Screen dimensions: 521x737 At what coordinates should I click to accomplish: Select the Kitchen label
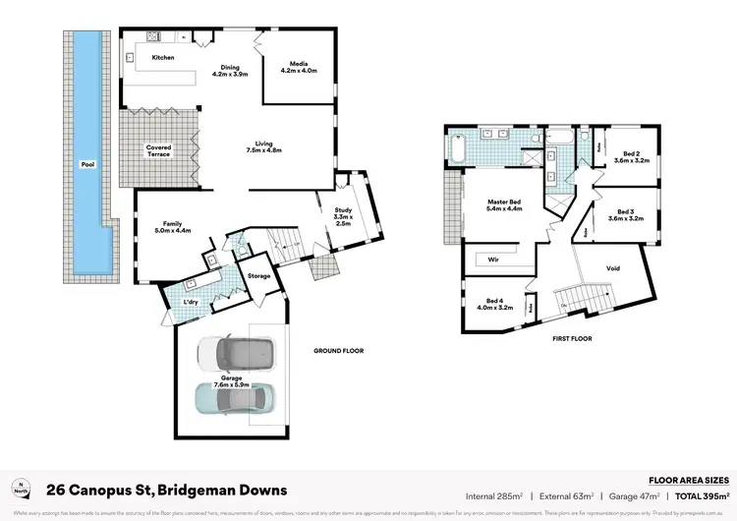pyautogui.click(x=163, y=58)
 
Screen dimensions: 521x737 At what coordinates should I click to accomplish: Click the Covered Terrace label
pyautogui.click(x=158, y=150)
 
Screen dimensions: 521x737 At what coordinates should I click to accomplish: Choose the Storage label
pyautogui.click(x=258, y=276)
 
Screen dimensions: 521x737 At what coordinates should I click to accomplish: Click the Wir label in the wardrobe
pyautogui.click(x=493, y=260)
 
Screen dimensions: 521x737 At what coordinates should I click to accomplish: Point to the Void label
pyautogui.click(x=613, y=267)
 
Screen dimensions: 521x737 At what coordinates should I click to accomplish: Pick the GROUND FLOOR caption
pyautogui.click(x=339, y=350)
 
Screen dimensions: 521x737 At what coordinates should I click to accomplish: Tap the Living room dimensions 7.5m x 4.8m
pyautogui.click(x=263, y=151)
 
